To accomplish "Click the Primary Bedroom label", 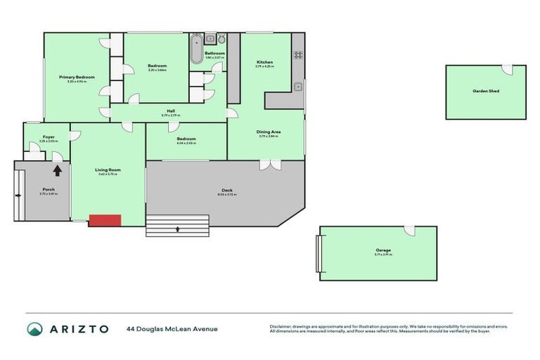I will coord(77,77).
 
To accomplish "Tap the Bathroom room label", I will coord(214,53).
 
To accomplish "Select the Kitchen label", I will coord(264,63).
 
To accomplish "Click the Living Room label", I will coord(108,169).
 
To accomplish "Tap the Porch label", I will coord(49,189).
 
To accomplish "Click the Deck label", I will coord(226,190).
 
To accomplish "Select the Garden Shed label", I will coord(486,91).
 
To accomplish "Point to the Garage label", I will coord(382,250).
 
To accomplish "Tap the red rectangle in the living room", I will coord(105,220).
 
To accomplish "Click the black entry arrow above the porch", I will coord(57,169).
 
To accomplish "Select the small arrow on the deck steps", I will coord(178,228).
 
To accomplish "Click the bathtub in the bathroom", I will coord(195,49).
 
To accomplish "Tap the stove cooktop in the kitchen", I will coord(297,55).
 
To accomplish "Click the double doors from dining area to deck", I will coord(268,165).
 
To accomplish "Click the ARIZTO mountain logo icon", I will coord(34,328).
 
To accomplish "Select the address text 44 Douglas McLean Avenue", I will coord(172,328).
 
